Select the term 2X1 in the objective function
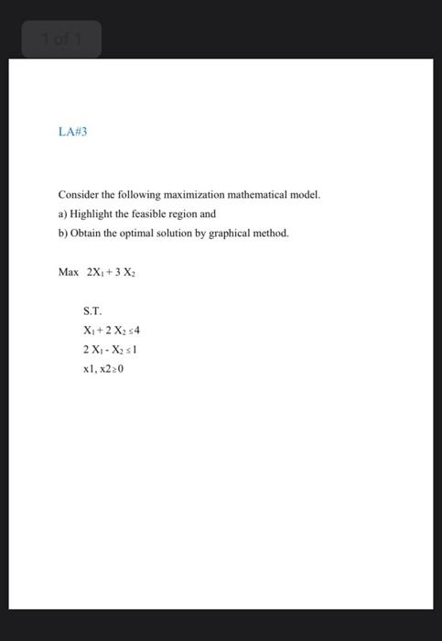click(x=96, y=272)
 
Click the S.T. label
click(x=92, y=312)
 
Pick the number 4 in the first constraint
click(x=136, y=331)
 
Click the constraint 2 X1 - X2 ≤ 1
click(x=110, y=350)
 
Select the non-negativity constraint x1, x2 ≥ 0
click(x=103, y=369)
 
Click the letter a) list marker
click(x=62, y=213)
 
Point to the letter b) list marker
click(x=62, y=233)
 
